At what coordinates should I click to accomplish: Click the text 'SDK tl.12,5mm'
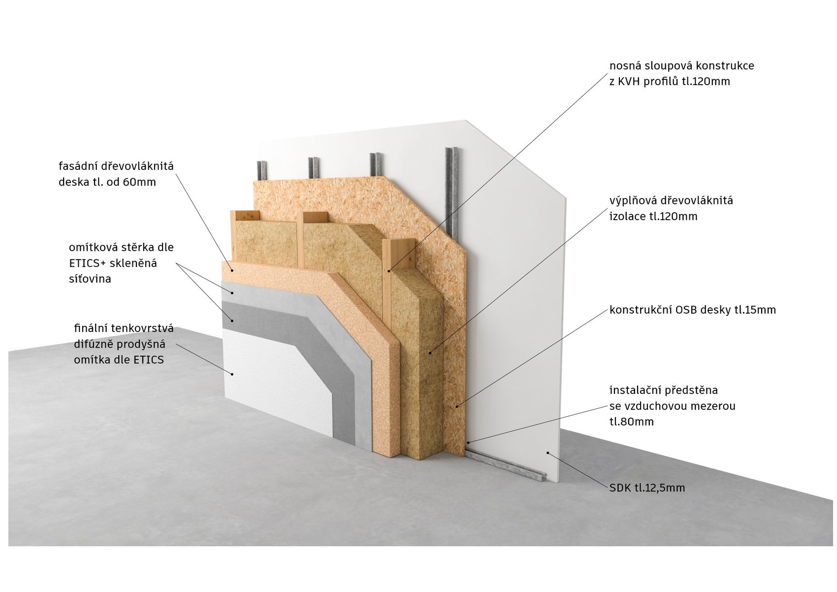pyautogui.click(x=647, y=488)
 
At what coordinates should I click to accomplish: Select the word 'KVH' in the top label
pyautogui.click(x=630, y=81)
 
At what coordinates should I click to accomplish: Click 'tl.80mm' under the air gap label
pyautogui.click(x=632, y=422)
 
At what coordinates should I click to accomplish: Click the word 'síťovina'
pyautogui.click(x=90, y=279)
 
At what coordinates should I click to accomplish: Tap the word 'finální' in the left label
pyautogui.click(x=92, y=328)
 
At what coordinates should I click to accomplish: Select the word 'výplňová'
pyautogui.click(x=632, y=201)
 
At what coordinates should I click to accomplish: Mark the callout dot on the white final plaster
pyautogui.click(x=232, y=374)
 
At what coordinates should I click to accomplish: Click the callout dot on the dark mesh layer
pyautogui.click(x=232, y=320)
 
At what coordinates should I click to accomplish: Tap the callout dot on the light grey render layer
pyautogui.click(x=232, y=293)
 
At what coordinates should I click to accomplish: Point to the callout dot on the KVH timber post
pyautogui.click(x=388, y=271)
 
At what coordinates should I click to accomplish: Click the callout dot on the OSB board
pyautogui.click(x=456, y=406)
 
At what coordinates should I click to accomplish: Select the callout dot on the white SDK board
pyautogui.click(x=548, y=453)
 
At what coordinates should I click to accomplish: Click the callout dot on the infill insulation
pyautogui.click(x=430, y=352)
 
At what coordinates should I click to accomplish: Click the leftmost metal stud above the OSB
pyautogui.click(x=260, y=171)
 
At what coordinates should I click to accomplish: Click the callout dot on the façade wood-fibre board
pyautogui.click(x=232, y=270)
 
